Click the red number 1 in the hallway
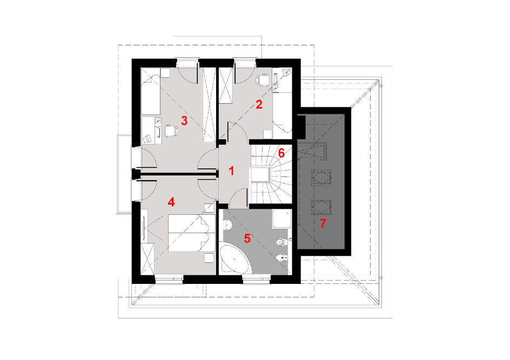pos(232,171)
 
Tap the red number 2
pos(259,105)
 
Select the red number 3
pos(184,121)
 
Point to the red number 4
pos(171,202)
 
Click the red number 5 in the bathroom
pos(247,238)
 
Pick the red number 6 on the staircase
pos(281,153)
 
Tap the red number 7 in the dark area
pos(323,223)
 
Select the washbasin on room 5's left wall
pos(227,225)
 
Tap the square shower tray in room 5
pos(281,219)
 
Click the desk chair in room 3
pos(170,131)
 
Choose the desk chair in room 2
pos(263,80)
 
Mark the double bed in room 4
pos(191,233)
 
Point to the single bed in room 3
pos(151,94)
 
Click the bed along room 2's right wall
pos(282,116)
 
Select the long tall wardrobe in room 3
pos(210,105)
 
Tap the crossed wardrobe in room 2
pos(226,85)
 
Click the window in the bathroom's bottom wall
pos(257,279)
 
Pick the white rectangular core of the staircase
pos(259,175)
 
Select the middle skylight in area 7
pos(321,178)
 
